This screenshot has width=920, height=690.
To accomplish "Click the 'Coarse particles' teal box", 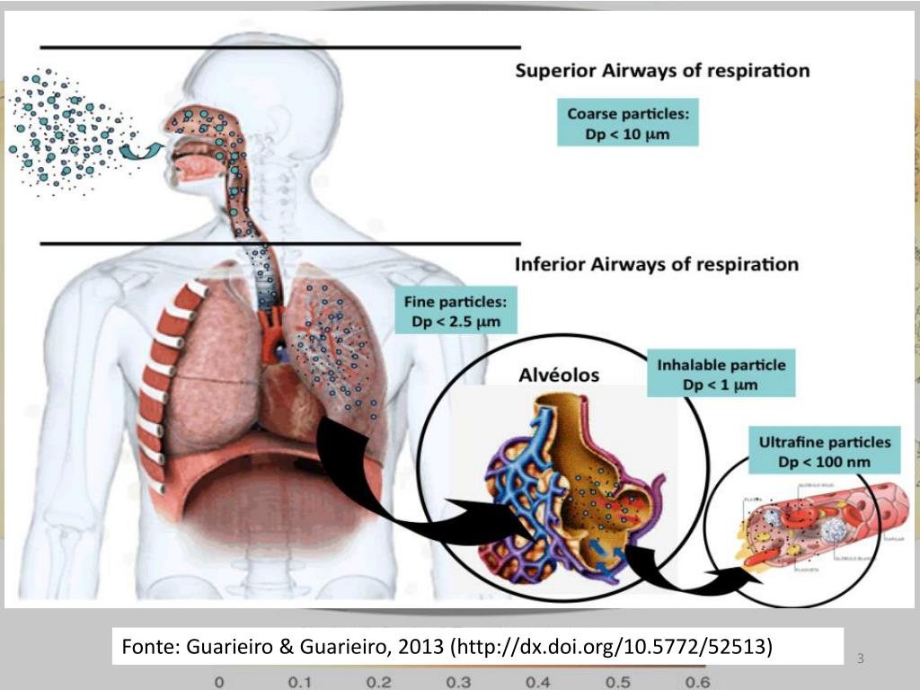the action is click(628, 125).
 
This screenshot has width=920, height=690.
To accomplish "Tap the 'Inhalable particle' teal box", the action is click(721, 375).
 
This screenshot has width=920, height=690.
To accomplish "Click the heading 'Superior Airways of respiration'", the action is click(662, 70).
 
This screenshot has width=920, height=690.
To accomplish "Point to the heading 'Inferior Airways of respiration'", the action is click(656, 264).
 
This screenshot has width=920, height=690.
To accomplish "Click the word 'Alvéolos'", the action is click(559, 375).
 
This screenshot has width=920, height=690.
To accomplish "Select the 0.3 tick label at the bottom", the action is click(458, 682).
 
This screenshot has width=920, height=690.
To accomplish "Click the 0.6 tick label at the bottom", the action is click(697, 682).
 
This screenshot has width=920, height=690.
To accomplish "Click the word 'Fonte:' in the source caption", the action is click(151, 647).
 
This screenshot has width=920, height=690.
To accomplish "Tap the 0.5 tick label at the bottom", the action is click(617, 682).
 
